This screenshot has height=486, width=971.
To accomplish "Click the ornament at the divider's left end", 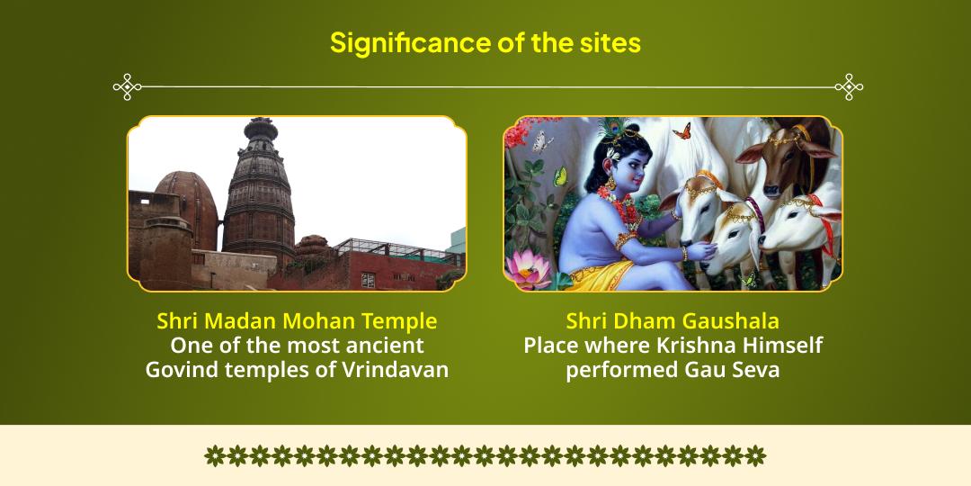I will [128, 86].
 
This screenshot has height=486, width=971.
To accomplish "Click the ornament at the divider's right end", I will [848, 86].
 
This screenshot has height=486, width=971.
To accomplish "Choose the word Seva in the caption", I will [753, 369].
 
